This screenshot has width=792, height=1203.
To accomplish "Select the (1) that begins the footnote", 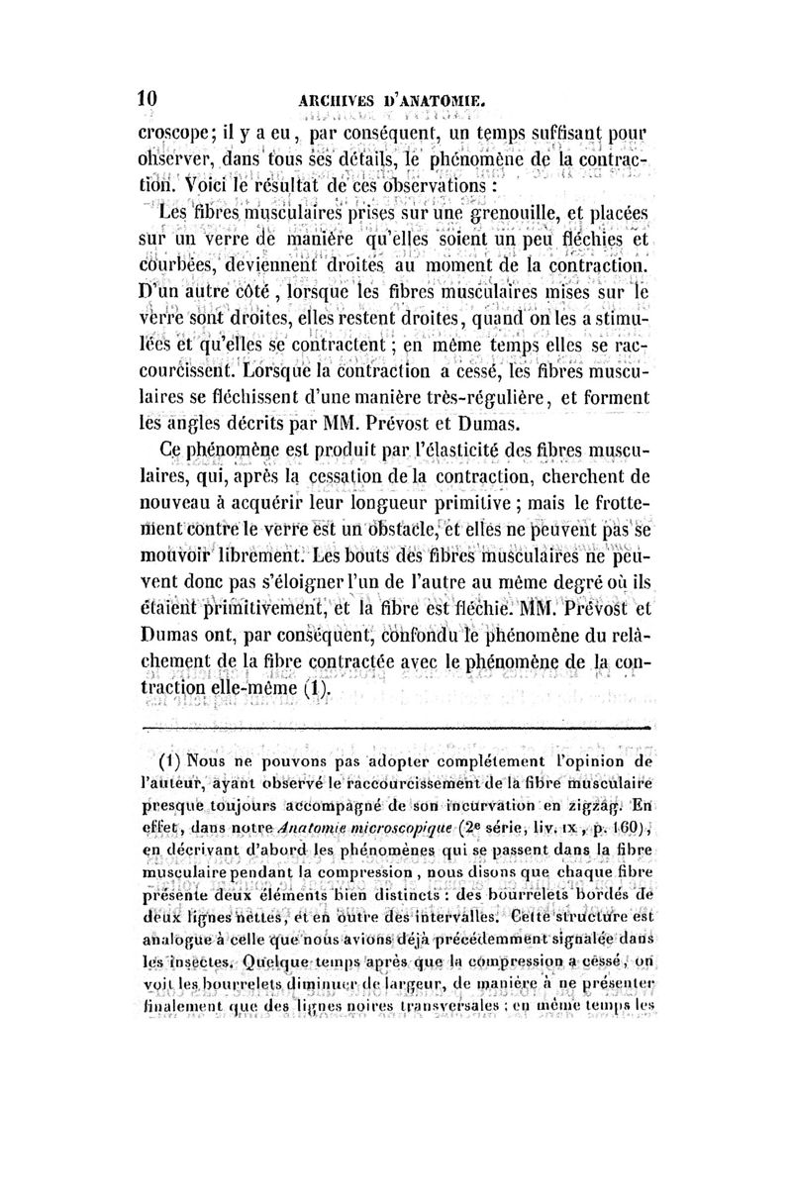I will [174, 764].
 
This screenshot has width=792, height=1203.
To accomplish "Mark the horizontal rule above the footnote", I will [397, 730].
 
